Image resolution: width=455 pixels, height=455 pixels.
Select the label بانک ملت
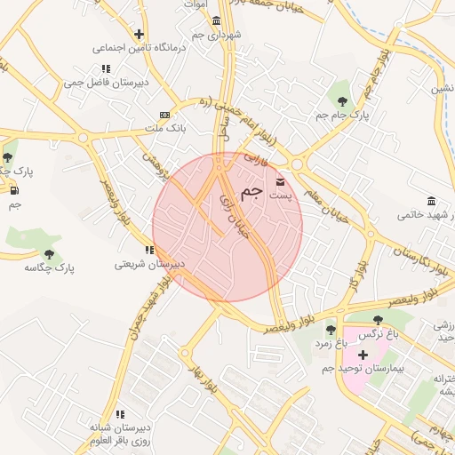[165, 129]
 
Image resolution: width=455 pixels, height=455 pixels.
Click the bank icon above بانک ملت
[164, 115]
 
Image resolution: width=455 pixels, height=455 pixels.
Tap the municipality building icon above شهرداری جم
[217, 20]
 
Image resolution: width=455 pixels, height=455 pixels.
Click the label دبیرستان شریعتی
[149, 264]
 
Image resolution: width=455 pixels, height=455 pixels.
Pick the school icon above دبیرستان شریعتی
[149, 250]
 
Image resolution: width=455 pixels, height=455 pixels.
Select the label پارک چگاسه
[50, 267]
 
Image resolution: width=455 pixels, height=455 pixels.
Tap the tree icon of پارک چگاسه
[49, 253]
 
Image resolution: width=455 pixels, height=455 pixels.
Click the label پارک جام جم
[341, 115]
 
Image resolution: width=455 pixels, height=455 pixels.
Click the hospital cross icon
[363, 355]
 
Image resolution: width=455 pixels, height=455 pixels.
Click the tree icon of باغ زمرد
[331, 329]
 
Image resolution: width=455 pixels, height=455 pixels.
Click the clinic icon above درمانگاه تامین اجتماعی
[139, 35]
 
